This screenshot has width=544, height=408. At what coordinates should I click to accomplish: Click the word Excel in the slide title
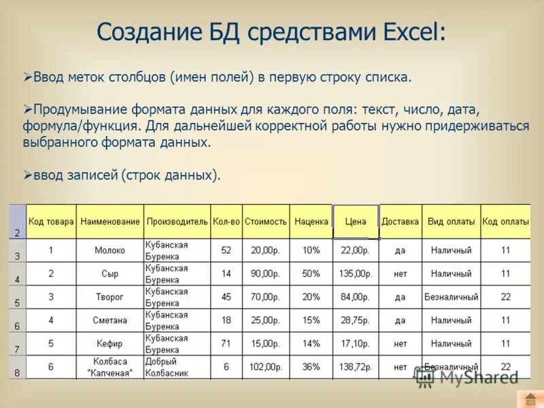[x=407, y=32]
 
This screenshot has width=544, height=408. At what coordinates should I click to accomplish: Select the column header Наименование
[x=110, y=222]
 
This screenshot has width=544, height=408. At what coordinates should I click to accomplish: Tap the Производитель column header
[x=177, y=222]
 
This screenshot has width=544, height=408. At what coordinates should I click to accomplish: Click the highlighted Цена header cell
[x=356, y=222]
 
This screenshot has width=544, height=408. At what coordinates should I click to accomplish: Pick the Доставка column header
[x=400, y=222]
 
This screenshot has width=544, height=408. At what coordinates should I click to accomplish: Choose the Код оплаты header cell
[x=505, y=222]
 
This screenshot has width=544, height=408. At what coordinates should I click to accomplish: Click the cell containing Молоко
[x=110, y=250]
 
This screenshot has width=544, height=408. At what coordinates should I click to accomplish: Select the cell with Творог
[x=110, y=297]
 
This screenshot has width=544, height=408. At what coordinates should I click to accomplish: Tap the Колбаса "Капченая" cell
[x=110, y=367]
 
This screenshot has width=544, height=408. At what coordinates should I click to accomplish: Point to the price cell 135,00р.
[x=356, y=274]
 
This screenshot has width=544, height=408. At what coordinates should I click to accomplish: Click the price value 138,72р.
[x=356, y=367]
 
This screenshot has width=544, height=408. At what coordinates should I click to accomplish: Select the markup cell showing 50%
[x=311, y=274]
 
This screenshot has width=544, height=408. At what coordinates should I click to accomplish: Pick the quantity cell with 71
[x=226, y=343]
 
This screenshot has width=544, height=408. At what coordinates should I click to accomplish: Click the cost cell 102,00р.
[x=265, y=367]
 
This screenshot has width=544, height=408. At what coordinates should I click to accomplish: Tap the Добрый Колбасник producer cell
[x=177, y=367]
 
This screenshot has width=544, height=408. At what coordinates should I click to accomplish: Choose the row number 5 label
[x=17, y=303]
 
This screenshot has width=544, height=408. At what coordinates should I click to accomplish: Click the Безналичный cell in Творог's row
[x=451, y=297]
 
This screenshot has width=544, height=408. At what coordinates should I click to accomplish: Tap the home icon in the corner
[x=529, y=399]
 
